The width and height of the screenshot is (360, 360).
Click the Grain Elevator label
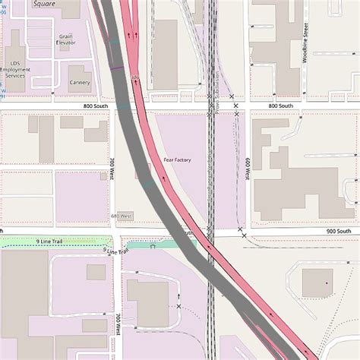pos(66,39)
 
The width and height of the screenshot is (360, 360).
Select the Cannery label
pos(80,82)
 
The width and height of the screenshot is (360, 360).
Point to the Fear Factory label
pos(177,160)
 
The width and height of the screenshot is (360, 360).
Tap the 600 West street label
pos(248,169)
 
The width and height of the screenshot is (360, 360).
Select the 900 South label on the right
pos(339,231)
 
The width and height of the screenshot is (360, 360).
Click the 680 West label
pos(122,216)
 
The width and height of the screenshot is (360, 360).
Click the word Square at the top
pos(43,4)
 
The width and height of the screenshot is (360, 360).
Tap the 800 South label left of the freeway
pos(96,106)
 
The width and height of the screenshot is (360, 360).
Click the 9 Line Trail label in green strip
pos(48,241)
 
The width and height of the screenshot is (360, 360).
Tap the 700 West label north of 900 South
pos(112,168)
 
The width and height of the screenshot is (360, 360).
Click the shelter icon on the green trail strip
pos(153,246)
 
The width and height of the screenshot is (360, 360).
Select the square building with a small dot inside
pos(317,283)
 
